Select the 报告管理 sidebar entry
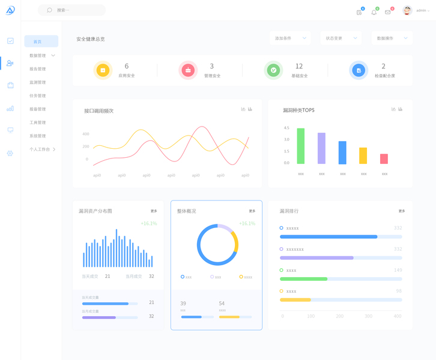[x=37, y=69]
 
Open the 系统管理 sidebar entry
[x=37, y=136]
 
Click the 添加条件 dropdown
[x=290, y=38]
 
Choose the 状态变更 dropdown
[x=341, y=38]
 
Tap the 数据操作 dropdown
[x=392, y=38]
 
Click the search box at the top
[x=72, y=10]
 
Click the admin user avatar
[x=407, y=11]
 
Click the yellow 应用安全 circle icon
[x=103, y=70]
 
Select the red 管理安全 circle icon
[x=188, y=70]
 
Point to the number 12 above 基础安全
[x=299, y=67]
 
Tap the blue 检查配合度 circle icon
[x=359, y=70]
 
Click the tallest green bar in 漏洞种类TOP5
[x=300, y=146]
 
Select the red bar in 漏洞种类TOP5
[x=384, y=159]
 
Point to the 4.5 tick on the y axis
[x=286, y=128]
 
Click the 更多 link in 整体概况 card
[x=252, y=211]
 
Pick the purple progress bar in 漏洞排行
[x=316, y=257]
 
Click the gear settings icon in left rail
[x=10, y=154]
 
